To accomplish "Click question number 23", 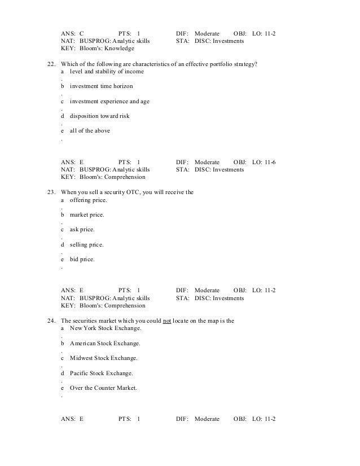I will click(50, 192).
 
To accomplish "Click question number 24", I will click(50, 321).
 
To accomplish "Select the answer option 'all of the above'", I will click(90, 130).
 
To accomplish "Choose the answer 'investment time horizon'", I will click(102, 86).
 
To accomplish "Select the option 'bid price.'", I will click(82, 260).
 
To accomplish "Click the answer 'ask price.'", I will click(82, 230).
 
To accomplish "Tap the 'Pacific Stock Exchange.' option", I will click(102, 373).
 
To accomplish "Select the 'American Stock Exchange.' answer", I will click(105, 344).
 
